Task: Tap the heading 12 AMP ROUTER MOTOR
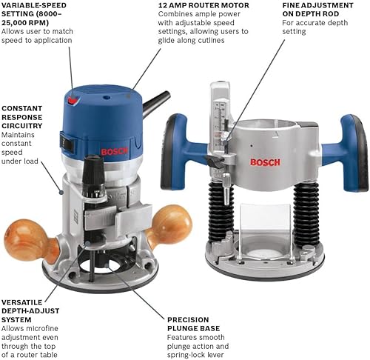pyautogui.click(x=203, y=6)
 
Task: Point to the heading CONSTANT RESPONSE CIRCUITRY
pyautogui.click(x=22, y=118)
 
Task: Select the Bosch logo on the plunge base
pyautogui.click(x=265, y=162)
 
